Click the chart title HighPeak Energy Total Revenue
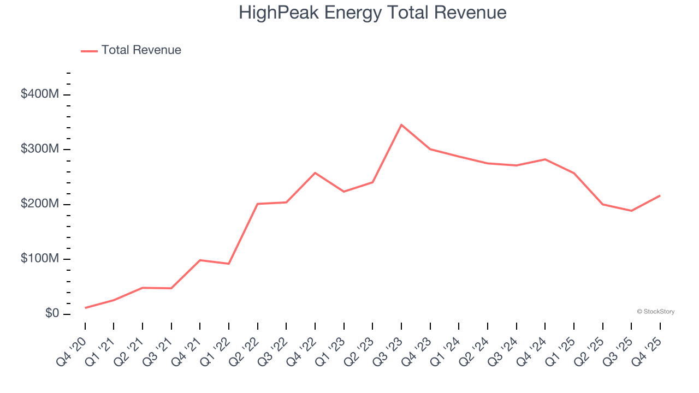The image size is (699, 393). tap(372, 12)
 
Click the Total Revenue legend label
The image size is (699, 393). tap(141, 50)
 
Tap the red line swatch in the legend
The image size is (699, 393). tap(89, 51)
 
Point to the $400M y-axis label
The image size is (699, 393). tap(39, 94)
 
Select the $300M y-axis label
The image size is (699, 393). tap(39, 149)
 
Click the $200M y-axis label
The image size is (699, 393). tap(39, 204)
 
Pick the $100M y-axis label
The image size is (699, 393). tap(39, 258)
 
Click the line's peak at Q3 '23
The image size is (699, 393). tap(401, 125)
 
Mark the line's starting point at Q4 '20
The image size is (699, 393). tap(85, 308)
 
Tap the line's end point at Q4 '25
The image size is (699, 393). tap(660, 195)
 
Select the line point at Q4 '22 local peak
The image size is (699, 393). tap(315, 173)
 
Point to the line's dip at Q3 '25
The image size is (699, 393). tap(631, 211)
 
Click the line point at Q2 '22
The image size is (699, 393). tap(258, 204)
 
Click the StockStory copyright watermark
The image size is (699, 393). tap(655, 312)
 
